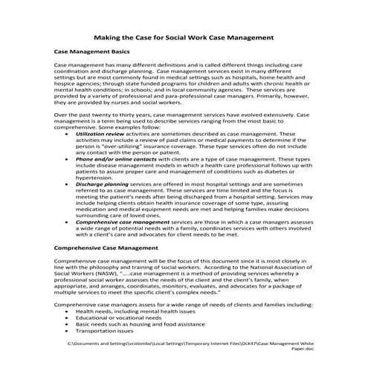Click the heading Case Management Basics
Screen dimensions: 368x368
pyautogui.click(x=92, y=52)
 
